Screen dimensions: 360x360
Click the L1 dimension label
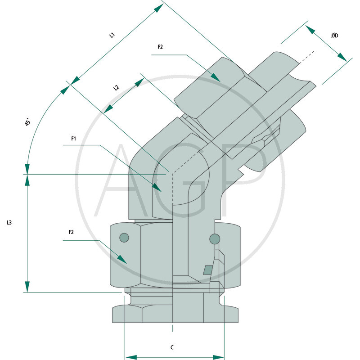(x=112, y=35)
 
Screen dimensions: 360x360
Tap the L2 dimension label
(x=117, y=88)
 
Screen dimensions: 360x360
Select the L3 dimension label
(x=9, y=223)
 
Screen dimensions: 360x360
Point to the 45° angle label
(x=28, y=122)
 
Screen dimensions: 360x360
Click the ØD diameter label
(x=334, y=36)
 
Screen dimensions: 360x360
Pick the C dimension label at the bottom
(x=172, y=347)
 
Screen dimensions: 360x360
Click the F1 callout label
(x=74, y=139)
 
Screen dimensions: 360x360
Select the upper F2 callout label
(x=160, y=47)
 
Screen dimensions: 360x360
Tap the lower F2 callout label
(x=71, y=232)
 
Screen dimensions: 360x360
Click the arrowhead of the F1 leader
(x=156, y=187)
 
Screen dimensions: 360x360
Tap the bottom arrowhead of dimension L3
(x=27, y=287)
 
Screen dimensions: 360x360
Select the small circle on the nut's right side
(x=215, y=238)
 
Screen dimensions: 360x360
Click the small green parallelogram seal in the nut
(x=208, y=270)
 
